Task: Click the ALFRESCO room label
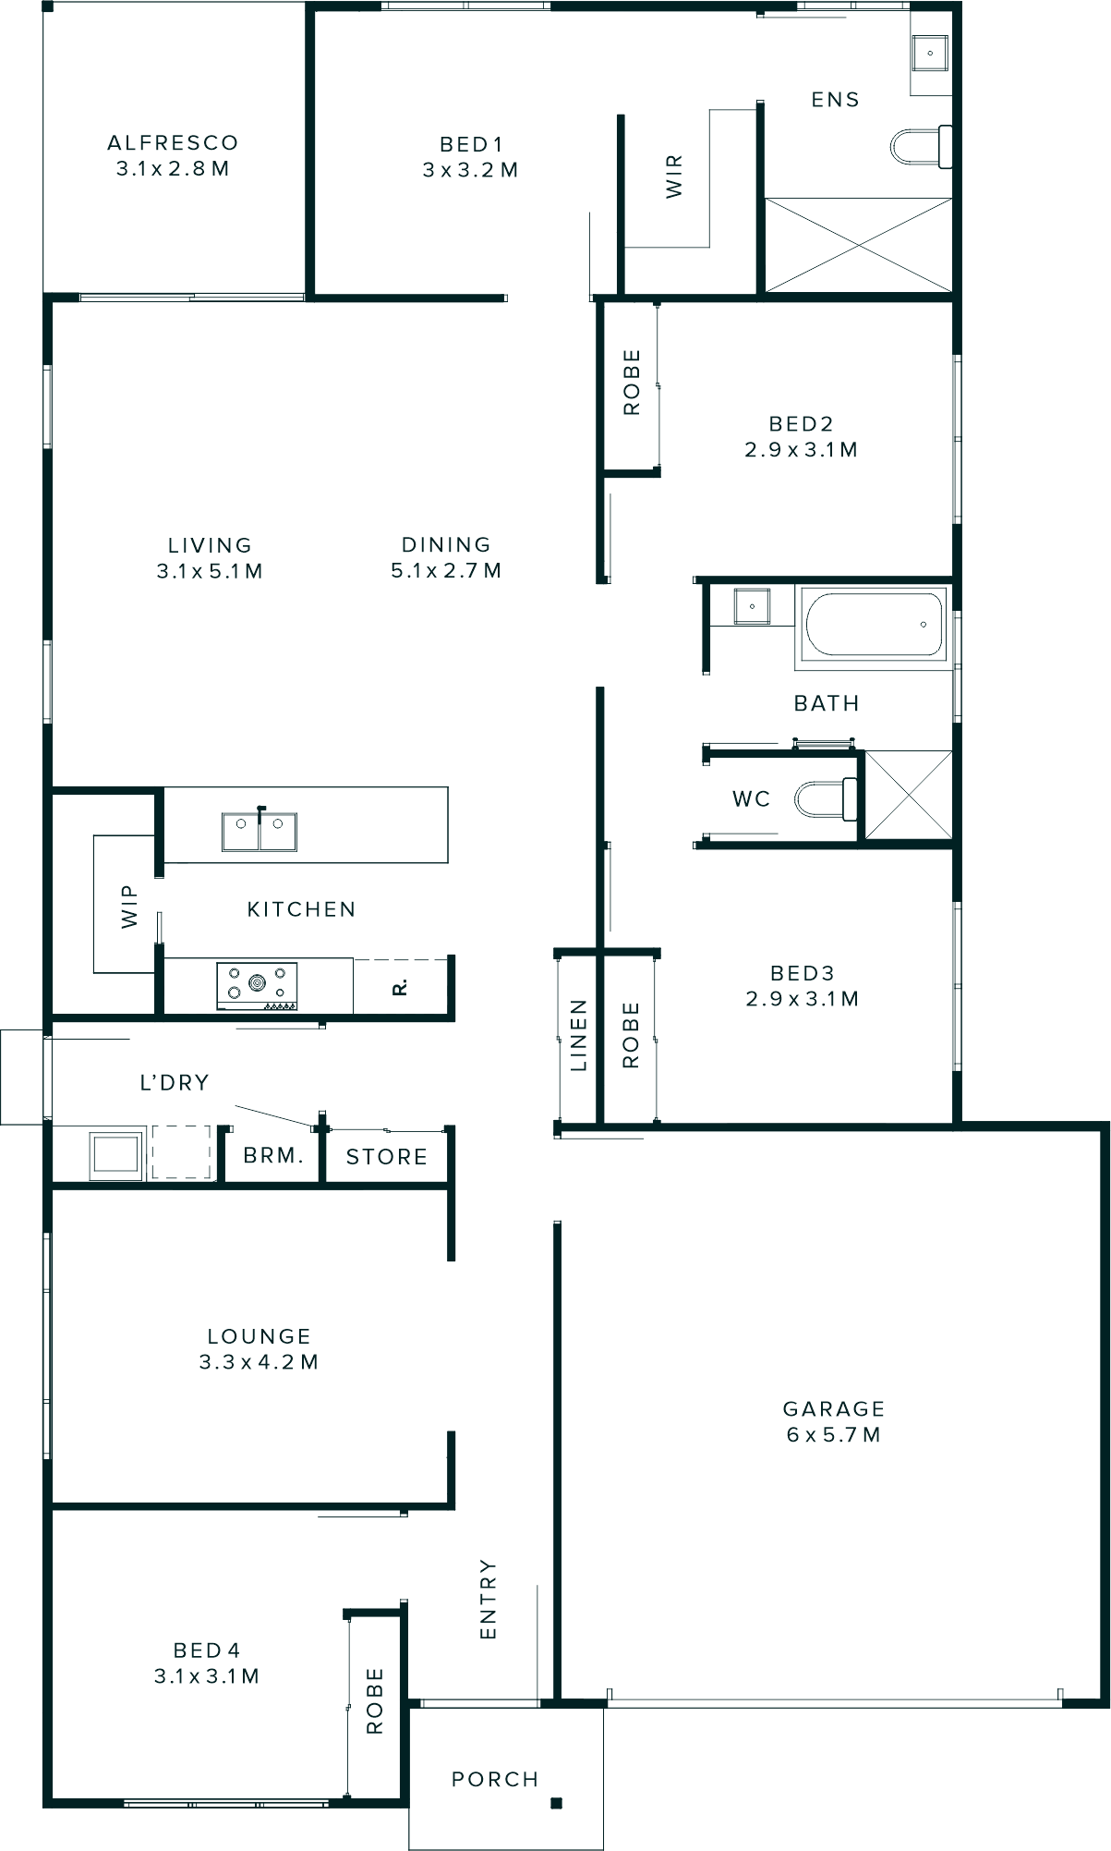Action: tap(173, 143)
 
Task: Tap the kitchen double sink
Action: tap(259, 831)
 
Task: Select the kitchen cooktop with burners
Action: tap(257, 985)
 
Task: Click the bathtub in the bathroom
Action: tap(874, 624)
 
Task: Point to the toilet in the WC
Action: tap(826, 799)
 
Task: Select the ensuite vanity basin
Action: tap(930, 53)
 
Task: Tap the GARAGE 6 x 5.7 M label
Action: tap(833, 1421)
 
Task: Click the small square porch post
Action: tap(556, 1802)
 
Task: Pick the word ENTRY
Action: tap(489, 1600)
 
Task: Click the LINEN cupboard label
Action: tap(579, 1034)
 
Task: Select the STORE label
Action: tap(386, 1157)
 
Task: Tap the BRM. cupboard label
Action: tap(273, 1155)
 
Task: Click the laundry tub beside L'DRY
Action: tap(115, 1153)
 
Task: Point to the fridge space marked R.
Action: tap(400, 987)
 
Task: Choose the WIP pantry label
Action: tap(129, 906)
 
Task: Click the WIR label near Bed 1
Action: tap(675, 176)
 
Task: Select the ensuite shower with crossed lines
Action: tap(858, 245)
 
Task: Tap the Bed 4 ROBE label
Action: tap(374, 1700)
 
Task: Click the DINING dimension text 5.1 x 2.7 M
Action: tap(446, 571)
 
